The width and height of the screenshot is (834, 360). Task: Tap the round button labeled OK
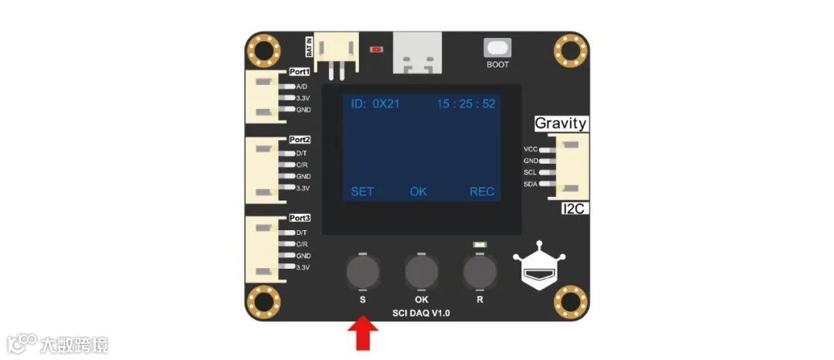click(x=421, y=271)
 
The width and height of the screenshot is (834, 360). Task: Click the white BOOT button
click(x=497, y=48)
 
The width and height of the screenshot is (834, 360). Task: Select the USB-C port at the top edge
click(x=418, y=53)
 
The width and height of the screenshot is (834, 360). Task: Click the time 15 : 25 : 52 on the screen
click(x=466, y=104)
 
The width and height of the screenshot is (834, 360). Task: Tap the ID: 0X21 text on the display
click(x=375, y=104)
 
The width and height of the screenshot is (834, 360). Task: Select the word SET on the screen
click(x=362, y=192)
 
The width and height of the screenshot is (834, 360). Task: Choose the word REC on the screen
click(x=482, y=192)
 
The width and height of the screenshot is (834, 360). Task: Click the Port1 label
click(x=300, y=72)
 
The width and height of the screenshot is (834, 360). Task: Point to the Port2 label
click(x=300, y=140)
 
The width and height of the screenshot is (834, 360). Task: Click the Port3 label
click(x=300, y=219)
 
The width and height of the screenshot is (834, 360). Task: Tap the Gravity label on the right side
click(x=561, y=124)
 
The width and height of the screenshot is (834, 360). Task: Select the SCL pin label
click(x=531, y=172)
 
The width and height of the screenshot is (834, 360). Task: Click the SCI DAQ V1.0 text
click(x=421, y=313)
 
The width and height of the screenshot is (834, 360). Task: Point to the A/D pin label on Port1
click(x=301, y=87)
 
